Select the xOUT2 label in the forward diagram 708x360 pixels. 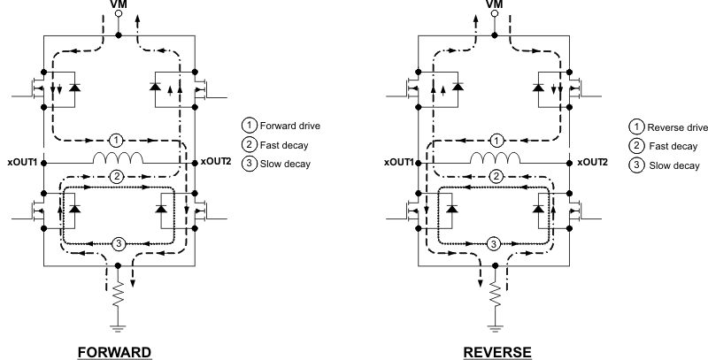click(x=217, y=163)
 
